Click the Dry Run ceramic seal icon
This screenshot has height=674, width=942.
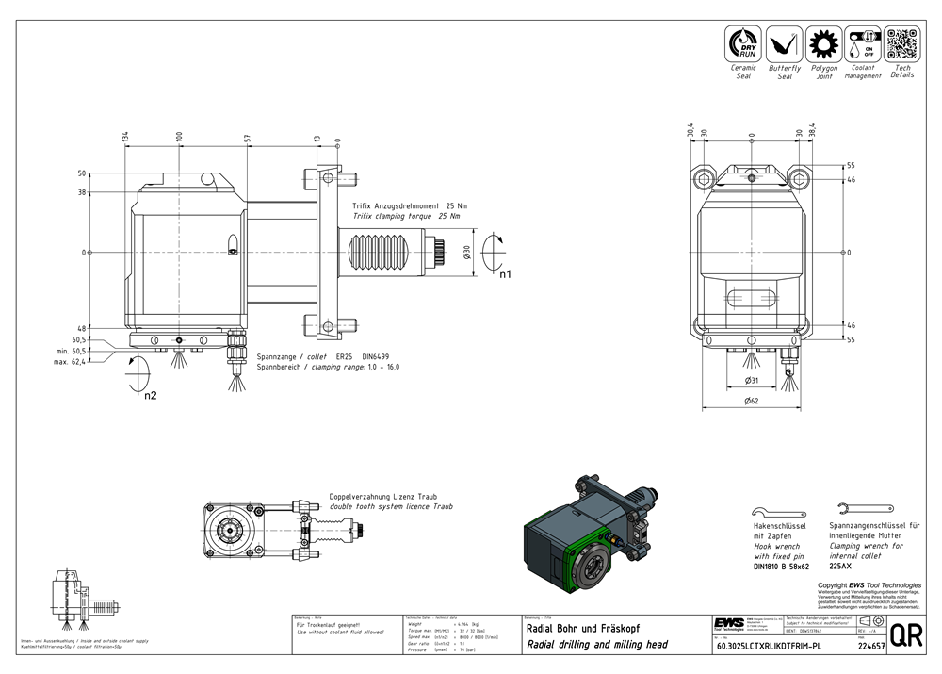point(743,44)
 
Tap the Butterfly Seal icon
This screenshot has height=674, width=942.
point(784,44)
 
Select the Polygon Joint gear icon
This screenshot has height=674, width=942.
point(824,44)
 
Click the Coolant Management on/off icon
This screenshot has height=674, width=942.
point(863,44)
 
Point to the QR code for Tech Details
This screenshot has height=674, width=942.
point(901,44)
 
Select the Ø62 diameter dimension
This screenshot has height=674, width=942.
point(751,402)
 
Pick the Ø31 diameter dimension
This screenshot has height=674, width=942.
point(752,380)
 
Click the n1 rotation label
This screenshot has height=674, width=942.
point(505,276)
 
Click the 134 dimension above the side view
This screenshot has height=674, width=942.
point(126,138)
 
